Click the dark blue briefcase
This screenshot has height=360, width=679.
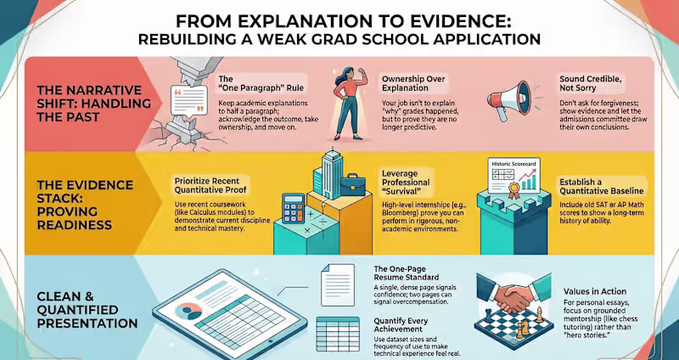tap(354, 184)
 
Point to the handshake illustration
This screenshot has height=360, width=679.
tap(513, 294)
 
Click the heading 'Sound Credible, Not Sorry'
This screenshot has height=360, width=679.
tap(584, 83)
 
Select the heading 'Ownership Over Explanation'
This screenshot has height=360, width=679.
tap(408, 83)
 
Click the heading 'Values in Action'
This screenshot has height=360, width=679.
tap(595, 291)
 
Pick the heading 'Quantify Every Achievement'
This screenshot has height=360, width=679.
tap(401, 325)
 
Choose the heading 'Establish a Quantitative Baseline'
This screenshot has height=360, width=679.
tap(601, 186)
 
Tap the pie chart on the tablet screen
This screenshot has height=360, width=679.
tap(189, 311)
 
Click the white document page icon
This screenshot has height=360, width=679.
tap(337, 285)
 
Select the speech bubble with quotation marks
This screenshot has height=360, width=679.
tap(189, 100)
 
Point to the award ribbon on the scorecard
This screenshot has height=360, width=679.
tap(514, 188)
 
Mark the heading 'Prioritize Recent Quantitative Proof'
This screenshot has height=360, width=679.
tap(207, 185)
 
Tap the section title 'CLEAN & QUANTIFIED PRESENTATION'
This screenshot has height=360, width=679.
tap(87, 310)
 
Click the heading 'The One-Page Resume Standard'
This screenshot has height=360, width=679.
tap(406, 273)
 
